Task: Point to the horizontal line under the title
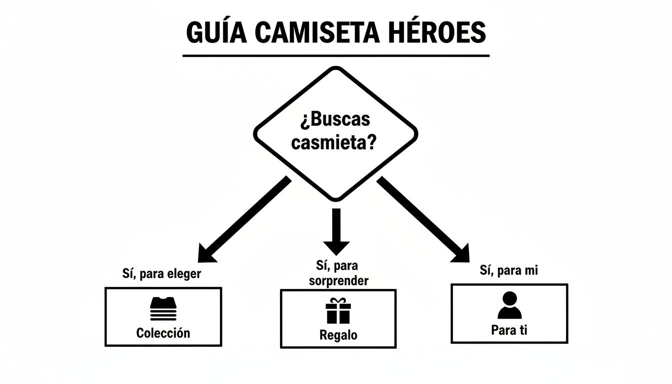point(335,55)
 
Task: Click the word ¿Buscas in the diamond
point(335,120)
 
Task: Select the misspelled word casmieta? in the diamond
point(333,143)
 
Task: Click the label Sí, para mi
point(509,270)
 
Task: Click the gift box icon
point(338,311)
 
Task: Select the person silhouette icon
point(509,306)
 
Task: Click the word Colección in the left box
point(163,333)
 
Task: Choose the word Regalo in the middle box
point(338,335)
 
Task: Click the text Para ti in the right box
point(509,330)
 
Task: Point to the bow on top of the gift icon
point(338,301)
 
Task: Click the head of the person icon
point(509,299)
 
